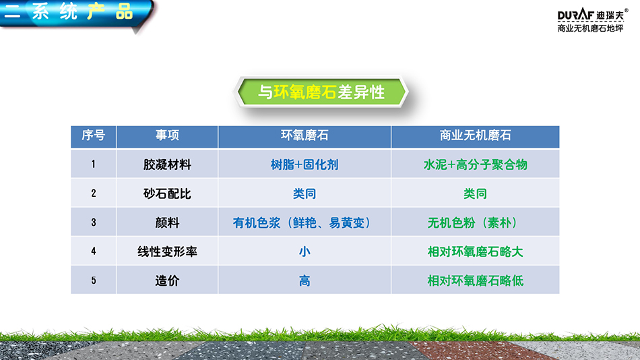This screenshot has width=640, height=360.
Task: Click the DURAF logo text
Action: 575,15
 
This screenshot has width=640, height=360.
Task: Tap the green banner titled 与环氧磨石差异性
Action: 321,92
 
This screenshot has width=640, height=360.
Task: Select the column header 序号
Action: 94,136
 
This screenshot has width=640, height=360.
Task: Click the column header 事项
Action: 167,136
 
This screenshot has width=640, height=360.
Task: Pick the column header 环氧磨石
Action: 305,136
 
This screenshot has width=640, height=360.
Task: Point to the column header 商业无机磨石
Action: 475,136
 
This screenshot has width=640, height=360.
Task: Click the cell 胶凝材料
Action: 167,164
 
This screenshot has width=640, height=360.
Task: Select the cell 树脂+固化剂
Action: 305,164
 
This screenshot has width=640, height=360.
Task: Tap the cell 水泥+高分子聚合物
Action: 475,164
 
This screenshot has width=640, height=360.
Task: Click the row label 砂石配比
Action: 167,193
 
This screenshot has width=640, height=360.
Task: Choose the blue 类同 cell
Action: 305,193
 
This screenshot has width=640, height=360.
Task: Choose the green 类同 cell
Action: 475,193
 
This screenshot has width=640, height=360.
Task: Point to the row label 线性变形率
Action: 167,251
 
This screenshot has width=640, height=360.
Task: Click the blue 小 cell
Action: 305,251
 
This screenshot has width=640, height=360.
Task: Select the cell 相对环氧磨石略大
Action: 475,251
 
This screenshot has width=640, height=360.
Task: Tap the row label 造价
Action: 167,280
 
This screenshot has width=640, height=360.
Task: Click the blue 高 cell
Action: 305,280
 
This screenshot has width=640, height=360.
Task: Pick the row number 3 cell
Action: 94,222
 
